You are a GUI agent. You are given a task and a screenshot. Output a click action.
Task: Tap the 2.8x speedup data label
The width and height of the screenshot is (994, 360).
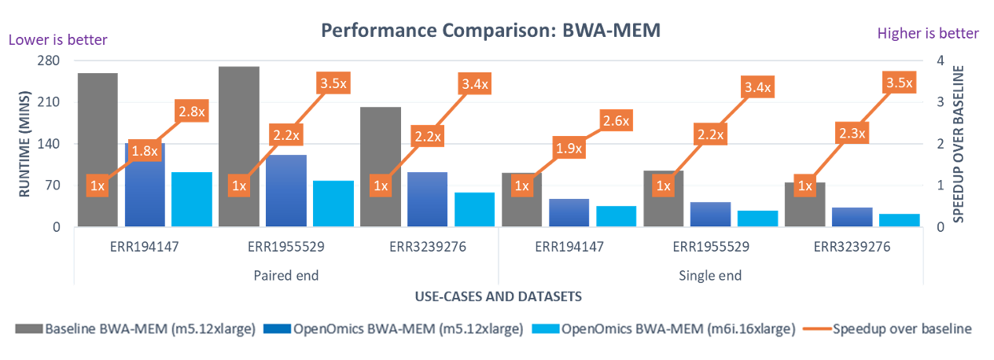[x=191, y=112]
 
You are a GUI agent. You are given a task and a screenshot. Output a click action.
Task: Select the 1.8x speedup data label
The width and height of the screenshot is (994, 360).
[x=144, y=151]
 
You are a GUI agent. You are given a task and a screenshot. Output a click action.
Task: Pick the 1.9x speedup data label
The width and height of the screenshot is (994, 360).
[x=569, y=148]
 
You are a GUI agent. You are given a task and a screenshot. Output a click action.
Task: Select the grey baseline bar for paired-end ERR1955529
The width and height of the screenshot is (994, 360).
[x=239, y=126]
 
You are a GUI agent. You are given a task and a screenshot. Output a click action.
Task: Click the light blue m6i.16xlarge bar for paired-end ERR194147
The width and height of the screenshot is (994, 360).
[x=192, y=200]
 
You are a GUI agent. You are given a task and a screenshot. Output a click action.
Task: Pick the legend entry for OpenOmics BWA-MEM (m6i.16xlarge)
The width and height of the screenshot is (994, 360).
[x=665, y=329]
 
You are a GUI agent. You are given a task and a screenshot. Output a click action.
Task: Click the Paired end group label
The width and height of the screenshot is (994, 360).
[x=285, y=275]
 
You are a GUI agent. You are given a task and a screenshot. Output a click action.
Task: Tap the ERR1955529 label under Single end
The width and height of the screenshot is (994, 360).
[x=711, y=246]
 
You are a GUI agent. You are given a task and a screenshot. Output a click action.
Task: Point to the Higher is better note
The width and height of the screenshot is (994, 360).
[x=928, y=33]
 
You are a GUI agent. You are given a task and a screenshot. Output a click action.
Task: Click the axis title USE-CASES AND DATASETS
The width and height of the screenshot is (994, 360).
[x=497, y=296]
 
